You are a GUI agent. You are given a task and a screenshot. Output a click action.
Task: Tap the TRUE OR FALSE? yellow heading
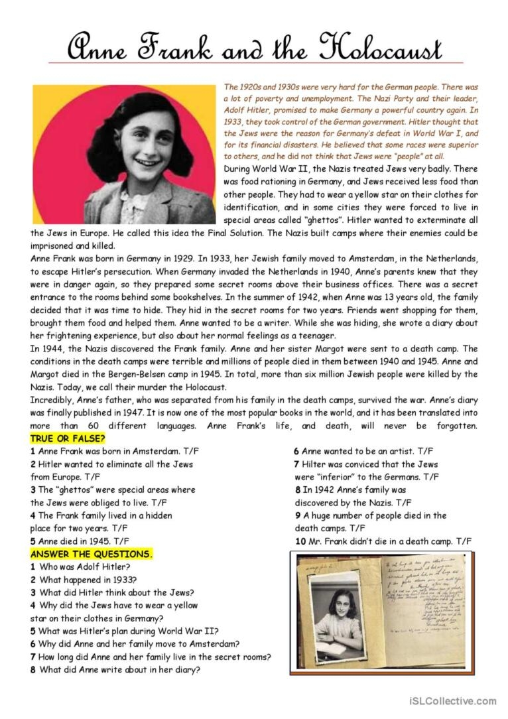coord(68,438)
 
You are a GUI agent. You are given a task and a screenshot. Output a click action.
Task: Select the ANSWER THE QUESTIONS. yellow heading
coord(92,554)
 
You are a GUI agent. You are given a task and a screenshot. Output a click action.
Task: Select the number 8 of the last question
coord(32,669)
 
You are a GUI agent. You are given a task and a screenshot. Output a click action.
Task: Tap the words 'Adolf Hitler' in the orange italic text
coord(249,111)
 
